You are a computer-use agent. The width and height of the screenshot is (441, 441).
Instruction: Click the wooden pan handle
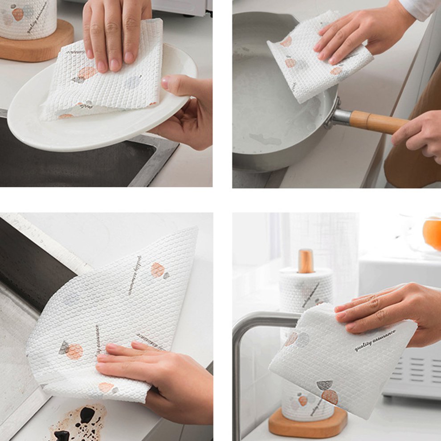pos(376,122)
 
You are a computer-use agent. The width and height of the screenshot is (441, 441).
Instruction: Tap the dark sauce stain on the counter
pos(82,421)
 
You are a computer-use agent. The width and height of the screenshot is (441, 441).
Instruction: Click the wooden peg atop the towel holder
pos(306,261)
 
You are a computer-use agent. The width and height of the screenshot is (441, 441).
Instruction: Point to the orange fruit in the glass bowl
pos(432,233)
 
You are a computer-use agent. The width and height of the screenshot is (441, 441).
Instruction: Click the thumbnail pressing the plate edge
pos(165,82)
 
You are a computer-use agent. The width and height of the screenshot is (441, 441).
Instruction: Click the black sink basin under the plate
pos(67,160)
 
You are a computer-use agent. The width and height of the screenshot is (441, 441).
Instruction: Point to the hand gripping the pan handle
pos(419,134)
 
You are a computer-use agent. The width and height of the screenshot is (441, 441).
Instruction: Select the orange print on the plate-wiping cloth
pos(87,72)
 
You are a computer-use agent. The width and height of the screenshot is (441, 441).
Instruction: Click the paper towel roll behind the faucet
pos(306,290)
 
